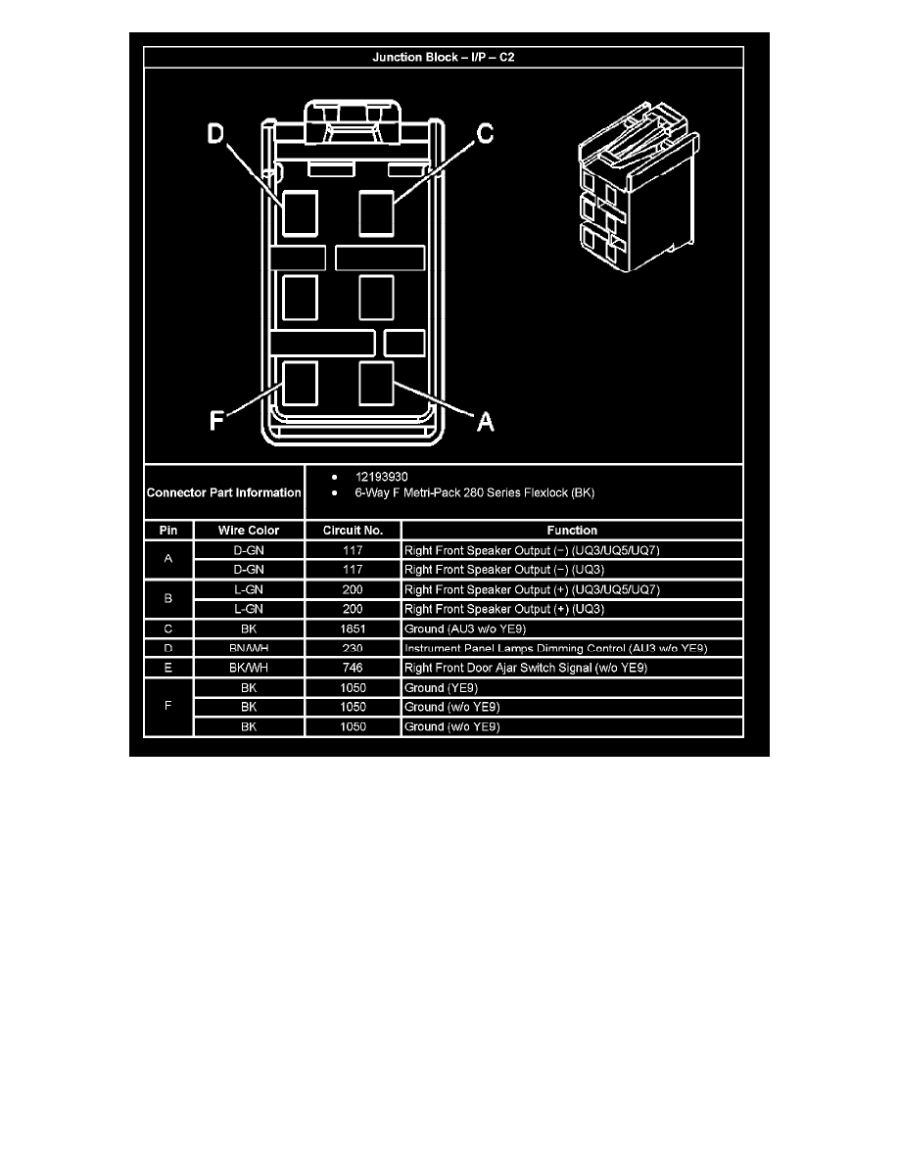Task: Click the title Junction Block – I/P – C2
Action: (443, 58)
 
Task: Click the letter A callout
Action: (484, 421)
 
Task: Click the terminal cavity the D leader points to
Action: (300, 212)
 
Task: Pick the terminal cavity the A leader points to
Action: (376, 382)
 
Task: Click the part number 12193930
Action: (383, 478)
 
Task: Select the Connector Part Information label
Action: (224, 492)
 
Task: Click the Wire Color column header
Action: (249, 531)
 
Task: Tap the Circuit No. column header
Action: (353, 531)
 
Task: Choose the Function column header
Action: (572, 531)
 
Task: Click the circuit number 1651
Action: (353, 628)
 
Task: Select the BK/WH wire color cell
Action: (249, 668)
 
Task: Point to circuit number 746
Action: (353, 668)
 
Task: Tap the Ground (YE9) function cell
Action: (442, 687)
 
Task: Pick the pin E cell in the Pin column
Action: (168, 668)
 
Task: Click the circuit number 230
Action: (353, 648)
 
